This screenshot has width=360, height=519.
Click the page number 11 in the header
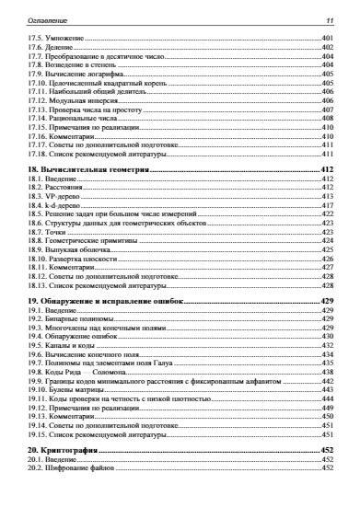328,20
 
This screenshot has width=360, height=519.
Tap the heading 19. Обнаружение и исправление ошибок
107,301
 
